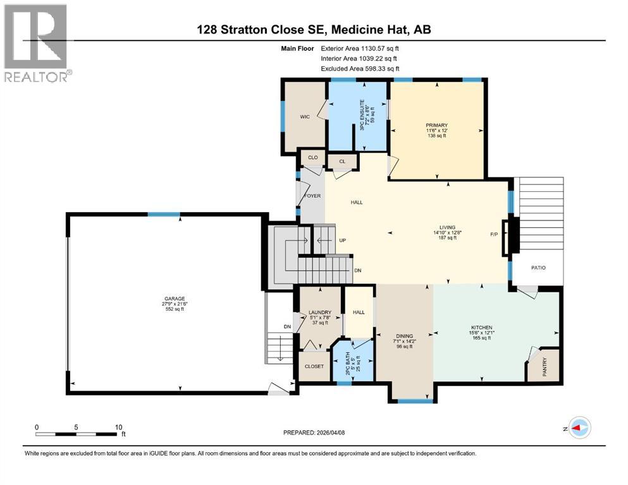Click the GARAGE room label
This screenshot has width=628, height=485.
[175, 299]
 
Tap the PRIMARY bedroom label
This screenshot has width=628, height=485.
[436, 125]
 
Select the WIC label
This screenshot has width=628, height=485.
[305, 117]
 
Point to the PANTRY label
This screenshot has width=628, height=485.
[545, 367]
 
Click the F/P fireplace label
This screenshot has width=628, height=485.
[494, 234]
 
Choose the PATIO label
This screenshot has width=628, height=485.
[538, 268]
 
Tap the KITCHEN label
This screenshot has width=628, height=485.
[481, 328]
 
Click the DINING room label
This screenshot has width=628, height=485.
[405, 336]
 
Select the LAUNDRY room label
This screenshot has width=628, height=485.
[320, 312]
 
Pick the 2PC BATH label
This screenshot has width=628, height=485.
[348, 364]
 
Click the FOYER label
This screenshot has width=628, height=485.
[312, 196]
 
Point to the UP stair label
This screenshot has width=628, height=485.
[342, 241]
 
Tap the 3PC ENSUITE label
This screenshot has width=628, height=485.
[362, 115]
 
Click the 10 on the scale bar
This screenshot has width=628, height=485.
[118, 427]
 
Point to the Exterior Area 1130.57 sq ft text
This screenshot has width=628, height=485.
[360, 49]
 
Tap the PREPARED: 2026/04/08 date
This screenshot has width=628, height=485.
[314, 433]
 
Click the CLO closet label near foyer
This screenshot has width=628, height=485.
[313, 157]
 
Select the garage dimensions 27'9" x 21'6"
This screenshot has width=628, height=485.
[175, 304]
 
